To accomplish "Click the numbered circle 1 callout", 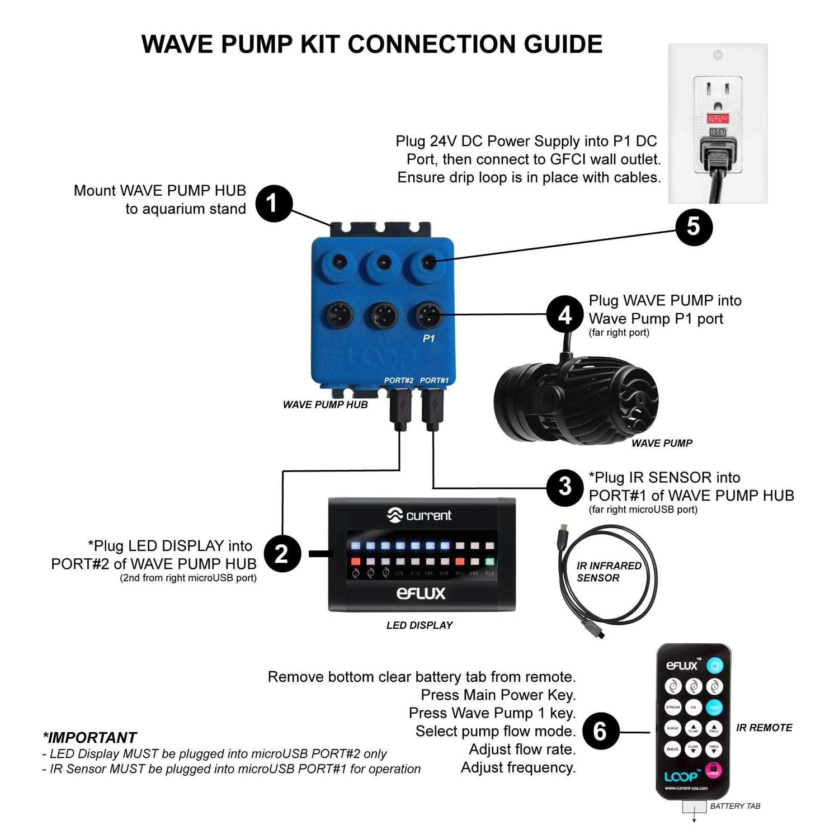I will tap(274, 204).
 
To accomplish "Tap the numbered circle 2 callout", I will tap(282, 554).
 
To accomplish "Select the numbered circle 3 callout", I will tap(565, 487).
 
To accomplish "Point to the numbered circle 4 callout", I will tap(565, 314).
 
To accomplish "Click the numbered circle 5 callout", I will tap(694, 227).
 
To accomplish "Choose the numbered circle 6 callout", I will tap(600, 731).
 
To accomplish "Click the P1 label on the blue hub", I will tap(428, 338).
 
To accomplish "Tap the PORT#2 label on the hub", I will tap(398, 380).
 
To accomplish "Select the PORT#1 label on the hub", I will tap(434, 380).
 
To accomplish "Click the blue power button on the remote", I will tap(714, 666).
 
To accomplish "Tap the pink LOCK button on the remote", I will tap(713, 770).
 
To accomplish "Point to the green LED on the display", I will tap(490, 561).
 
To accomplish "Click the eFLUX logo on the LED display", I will tap(421, 593).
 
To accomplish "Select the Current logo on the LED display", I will tap(419, 515).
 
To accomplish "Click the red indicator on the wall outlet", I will tap(718, 119).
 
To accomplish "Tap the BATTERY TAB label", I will tap(735, 806).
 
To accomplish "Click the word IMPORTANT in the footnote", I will tap(92, 737).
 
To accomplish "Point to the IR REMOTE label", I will tap(764, 728).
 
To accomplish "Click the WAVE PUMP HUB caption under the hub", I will tap(325, 404).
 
